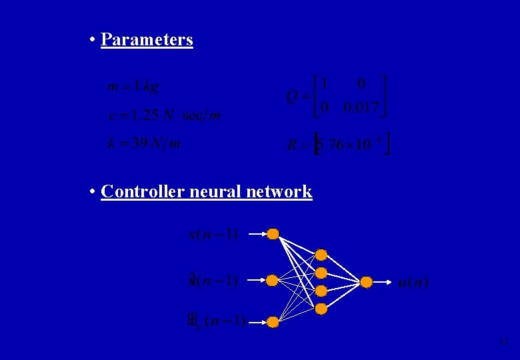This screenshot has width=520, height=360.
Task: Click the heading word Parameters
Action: [147, 39]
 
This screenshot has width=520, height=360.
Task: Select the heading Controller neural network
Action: [206, 192]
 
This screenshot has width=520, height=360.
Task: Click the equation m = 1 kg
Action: [133, 86]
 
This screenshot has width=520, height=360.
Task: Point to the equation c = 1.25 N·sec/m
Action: [164, 115]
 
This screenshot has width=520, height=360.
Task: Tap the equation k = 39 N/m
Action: [144, 143]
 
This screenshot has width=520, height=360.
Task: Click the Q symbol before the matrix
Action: [292, 97]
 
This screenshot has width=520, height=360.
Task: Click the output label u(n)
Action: [413, 283]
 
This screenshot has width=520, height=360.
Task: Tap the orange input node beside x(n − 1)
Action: [273, 234]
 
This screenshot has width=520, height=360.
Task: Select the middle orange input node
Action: [272, 281]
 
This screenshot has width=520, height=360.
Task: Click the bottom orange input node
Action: [273, 323]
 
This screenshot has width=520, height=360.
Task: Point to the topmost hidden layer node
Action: [321, 255]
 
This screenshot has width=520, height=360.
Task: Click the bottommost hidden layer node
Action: [321, 309]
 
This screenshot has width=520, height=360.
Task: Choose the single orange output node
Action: [366, 282]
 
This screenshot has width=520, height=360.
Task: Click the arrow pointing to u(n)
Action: [383, 282]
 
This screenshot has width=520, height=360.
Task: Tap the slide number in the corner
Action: [505, 343]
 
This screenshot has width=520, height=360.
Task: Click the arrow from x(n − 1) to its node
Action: [257, 234]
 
